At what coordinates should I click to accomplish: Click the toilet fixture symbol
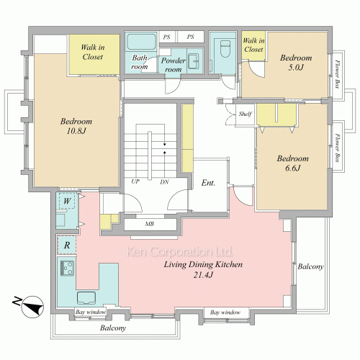click(x=225, y=49)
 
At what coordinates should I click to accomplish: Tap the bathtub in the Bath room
click(x=141, y=42)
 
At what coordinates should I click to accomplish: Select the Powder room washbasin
click(x=194, y=61)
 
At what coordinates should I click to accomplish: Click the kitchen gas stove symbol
click(x=67, y=268)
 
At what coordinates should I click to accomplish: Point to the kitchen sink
click(x=86, y=298)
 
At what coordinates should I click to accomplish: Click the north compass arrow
click(x=32, y=307)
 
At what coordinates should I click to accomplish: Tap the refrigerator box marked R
click(x=67, y=245)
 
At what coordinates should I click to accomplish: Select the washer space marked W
click(x=67, y=201)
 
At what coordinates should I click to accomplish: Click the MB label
click(x=149, y=224)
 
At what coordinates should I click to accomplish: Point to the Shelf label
click(x=246, y=114)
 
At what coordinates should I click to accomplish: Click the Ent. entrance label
click(x=208, y=183)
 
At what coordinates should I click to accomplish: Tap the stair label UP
click(x=135, y=181)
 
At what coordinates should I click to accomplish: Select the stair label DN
click(x=164, y=182)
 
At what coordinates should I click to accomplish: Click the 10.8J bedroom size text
click(x=76, y=131)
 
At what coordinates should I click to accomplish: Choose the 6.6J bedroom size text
click(x=293, y=168)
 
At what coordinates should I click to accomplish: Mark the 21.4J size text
click(x=203, y=275)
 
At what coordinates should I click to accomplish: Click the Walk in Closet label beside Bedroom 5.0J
click(x=253, y=45)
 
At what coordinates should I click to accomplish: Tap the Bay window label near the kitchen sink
click(x=90, y=312)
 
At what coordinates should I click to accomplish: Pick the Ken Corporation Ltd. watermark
click(x=179, y=251)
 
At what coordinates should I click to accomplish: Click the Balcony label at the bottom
click(x=113, y=328)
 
